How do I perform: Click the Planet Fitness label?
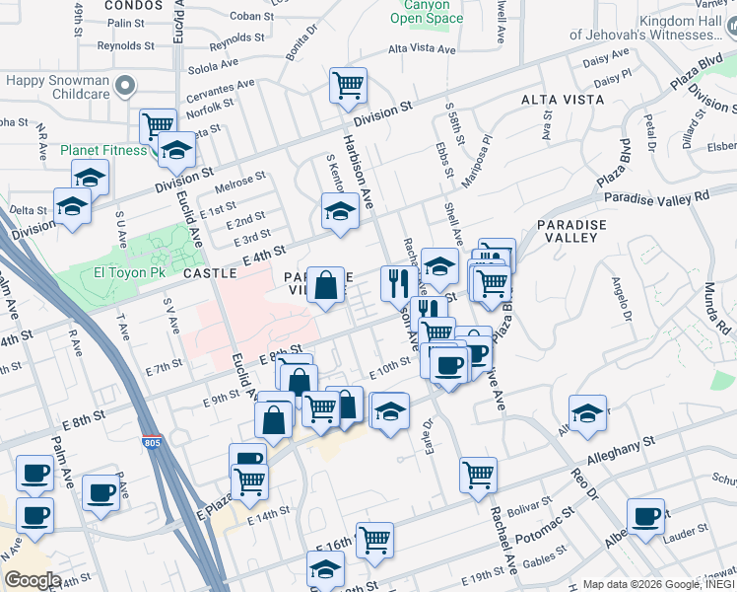pyautogui.click(x=102, y=150)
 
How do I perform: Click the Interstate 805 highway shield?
pyautogui.click(x=152, y=443)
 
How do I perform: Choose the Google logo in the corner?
pyautogui.click(x=33, y=580)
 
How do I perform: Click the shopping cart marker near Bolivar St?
pyautogui.click(x=478, y=475)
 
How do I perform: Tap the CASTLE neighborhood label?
pyautogui.click(x=210, y=272)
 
